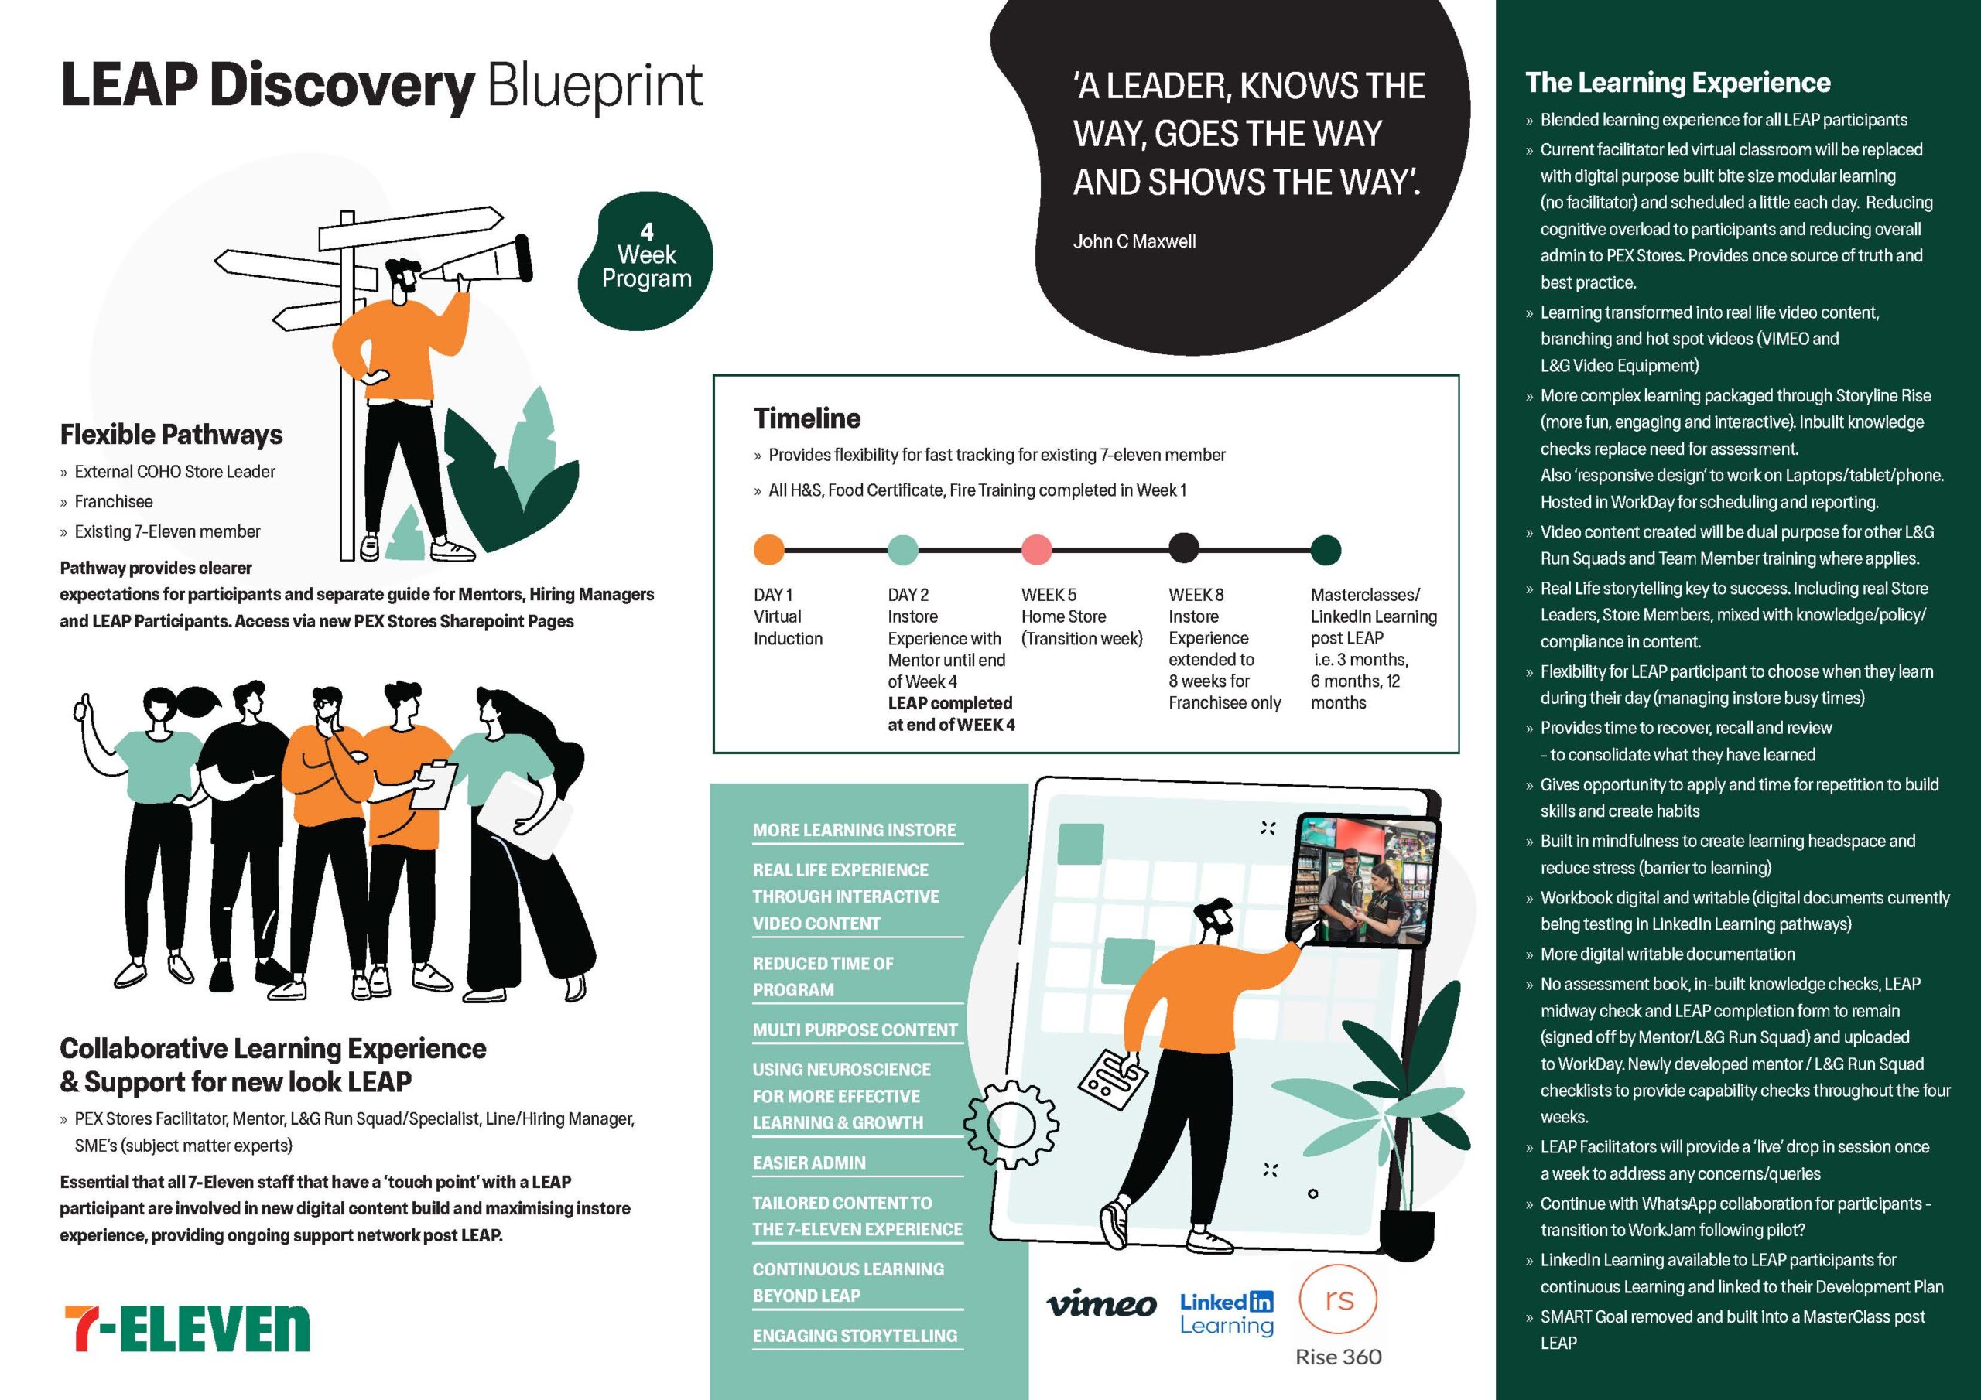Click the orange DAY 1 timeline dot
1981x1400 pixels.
tap(768, 549)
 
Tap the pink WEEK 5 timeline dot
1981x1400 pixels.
tap(1036, 549)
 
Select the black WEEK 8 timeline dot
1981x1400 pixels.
tap(1183, 548)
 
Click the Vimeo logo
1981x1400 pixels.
tap(1101, 1304)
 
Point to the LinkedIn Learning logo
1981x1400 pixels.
tap(1226, 1313)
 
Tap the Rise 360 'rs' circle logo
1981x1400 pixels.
tap(1337, 1300)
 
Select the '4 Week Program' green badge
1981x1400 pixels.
tap(646, 260)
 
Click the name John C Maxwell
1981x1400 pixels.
tap(1134, 241)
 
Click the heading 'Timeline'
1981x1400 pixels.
tap(807, 418)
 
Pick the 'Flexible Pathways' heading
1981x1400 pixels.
tap(171, 435)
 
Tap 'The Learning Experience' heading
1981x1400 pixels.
tap(1678, 83)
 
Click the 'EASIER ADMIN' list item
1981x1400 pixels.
tap(809, 1163)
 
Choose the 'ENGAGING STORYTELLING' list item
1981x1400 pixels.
tap(854, 1335)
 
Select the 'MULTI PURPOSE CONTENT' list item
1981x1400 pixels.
tap(854, 1030)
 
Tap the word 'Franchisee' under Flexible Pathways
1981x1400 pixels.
tap(113, 502)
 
